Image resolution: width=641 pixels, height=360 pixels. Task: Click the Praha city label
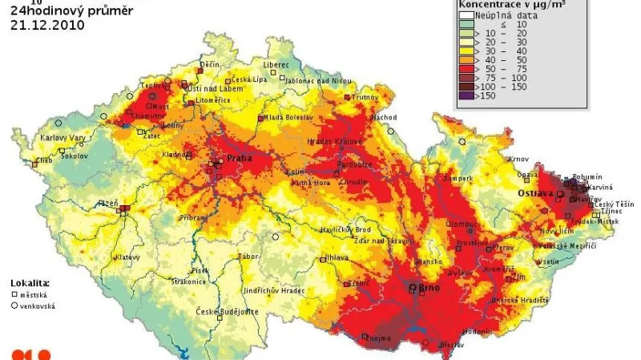tap(239, 158)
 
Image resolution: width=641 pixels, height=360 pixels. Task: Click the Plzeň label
tap(107, 204)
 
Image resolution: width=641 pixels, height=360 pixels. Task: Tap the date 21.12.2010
tap(47, 24)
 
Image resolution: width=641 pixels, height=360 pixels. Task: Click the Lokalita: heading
tap(30, 283)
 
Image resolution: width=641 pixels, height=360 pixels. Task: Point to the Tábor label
tap(248, 257)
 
